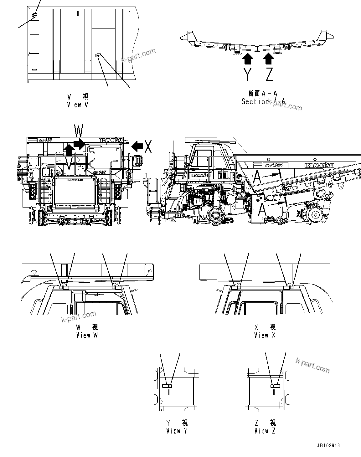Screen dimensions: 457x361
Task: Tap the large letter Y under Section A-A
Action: [x=247, y=74]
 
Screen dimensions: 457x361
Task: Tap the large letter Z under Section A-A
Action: [x=269, y=74]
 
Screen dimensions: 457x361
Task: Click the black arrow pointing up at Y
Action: [x=248, y=58]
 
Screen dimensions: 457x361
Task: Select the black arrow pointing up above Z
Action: [x=269, y=58]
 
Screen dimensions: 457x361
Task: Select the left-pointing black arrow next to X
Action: [x=137, y=145]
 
